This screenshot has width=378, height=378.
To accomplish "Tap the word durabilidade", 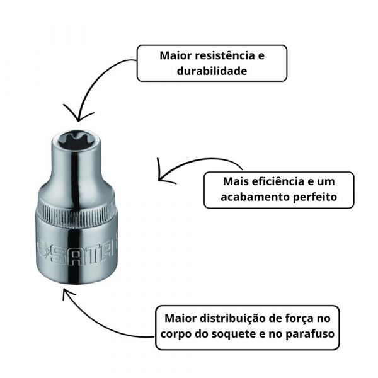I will pos(212,71).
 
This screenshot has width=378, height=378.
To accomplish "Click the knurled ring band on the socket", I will pos(79,214).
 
